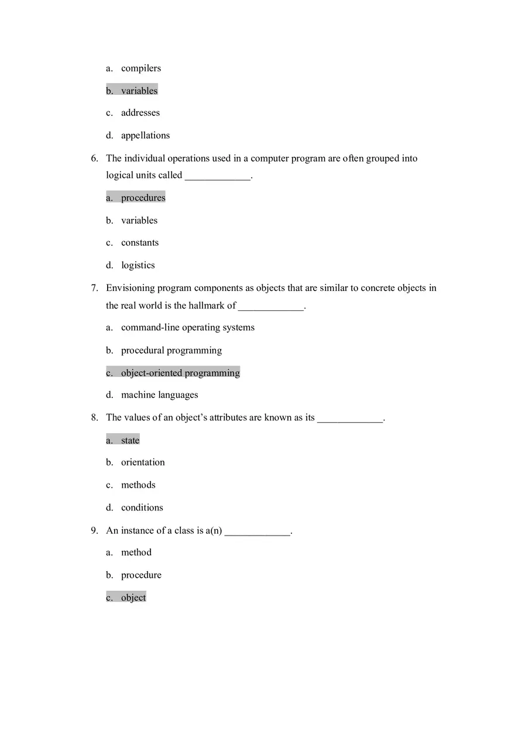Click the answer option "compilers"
point(140,68)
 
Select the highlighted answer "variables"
point(139,91)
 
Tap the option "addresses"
point(140,113)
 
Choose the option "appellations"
point(145,135)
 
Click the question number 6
point(94,159)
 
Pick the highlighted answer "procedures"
point(143,198)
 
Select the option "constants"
point(139,243)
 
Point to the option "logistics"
point(138,265)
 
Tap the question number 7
point(94,288)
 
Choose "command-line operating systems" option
point(187,328)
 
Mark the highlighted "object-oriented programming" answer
point(180,373)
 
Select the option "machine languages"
point(159,395)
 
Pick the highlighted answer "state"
point(130,440)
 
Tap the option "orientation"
point(143,462)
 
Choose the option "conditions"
point(142,508)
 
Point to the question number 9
point(94,531)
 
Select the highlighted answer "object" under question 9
point(133,598)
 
